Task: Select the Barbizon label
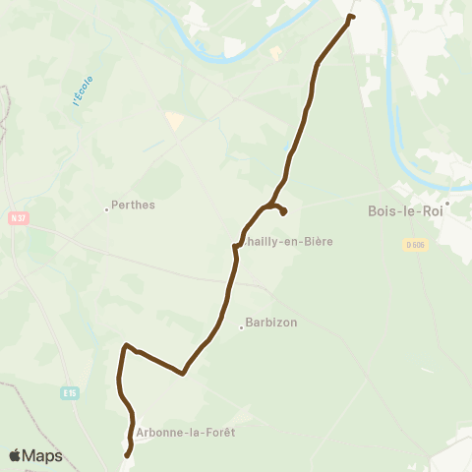tap(272, 323)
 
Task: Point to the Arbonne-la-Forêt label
tap(188, 431)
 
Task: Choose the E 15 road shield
tap(69, 393)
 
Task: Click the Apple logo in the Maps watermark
tap(15, 455)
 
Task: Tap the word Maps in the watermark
tap(42, 455)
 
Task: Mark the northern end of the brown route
tap(352, 17)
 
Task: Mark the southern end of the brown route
tap(127, 454)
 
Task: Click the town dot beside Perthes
tap(107, 208)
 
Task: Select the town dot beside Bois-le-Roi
tap(445, 205)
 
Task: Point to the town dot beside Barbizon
tap(242, 327)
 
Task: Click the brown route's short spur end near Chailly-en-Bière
tap(283, 212)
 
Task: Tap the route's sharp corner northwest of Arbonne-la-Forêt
tap(125, 345)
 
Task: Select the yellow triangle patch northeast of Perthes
tap(174, 120)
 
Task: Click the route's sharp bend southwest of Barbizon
tap(184, 373)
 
